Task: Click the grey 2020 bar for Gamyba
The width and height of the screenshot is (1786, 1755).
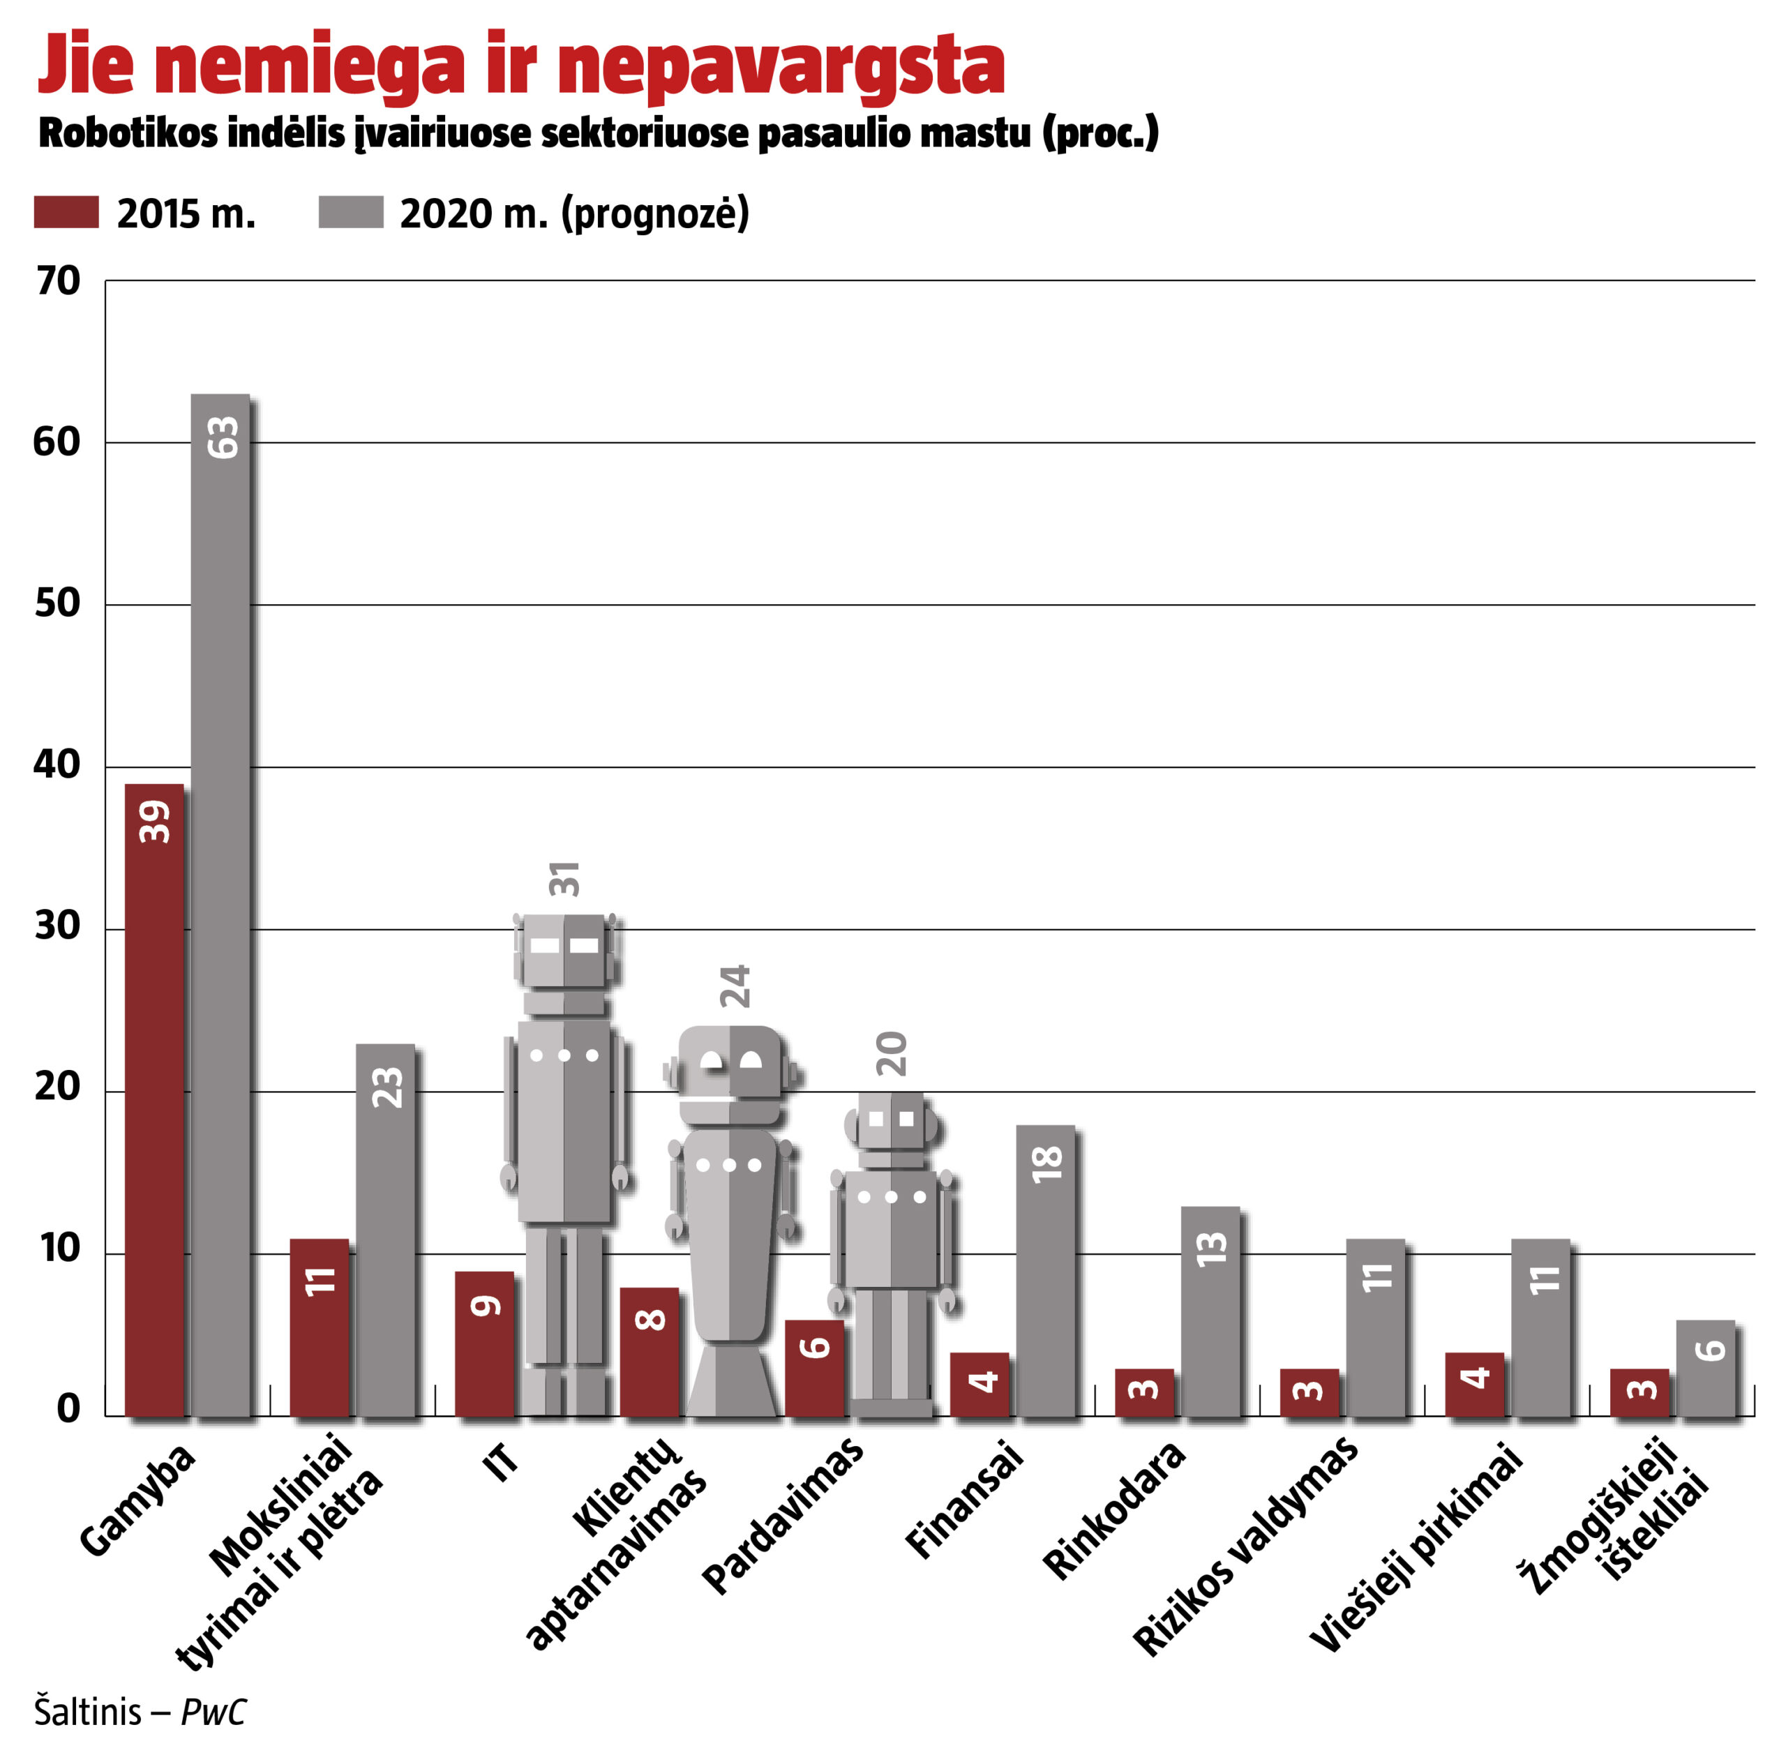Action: click(x=220, y=903)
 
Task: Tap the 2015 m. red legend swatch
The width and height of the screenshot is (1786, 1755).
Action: click(x=66, y=212)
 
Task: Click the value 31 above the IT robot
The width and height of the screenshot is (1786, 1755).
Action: click(x=564, y=878)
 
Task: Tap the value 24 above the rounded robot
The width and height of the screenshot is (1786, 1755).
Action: click(x=735, y=986)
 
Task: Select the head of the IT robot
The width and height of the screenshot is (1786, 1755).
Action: click(x=564, y=949)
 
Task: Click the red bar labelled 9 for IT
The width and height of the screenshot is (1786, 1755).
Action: click(x=484, y=1343)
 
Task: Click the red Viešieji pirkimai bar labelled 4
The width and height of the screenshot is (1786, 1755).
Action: click(x=1473, y=1383)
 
